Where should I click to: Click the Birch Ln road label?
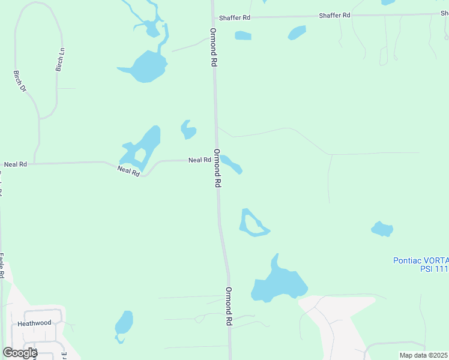pyautogui.click(x=59, y=60)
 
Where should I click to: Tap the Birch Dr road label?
pyautogui.click(x=20, y=81)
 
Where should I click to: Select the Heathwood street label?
pyautogui.click(x=34, y=323)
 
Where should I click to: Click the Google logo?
pyautogui.click(x=19, y=353)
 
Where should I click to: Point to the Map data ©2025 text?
pyautogui.click(x=423, y=355)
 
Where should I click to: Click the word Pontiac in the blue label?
pyautogui.click(x=408, y=260)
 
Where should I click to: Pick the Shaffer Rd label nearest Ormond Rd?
pyautogui.click(x=234, y=18)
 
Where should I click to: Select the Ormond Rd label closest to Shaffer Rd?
pyautogui.click(x=212, y=46)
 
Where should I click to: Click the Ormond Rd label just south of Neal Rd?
pyautogui.click(x=218, y=169)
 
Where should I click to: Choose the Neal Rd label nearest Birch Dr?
pyautogui.click(x=16, y=164)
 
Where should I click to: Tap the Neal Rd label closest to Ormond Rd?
pyautogui.click(x=199, y=160)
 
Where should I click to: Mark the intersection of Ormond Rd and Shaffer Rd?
pyautogui.click(x=213, y=17)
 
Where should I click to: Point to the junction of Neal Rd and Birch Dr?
pyautogui.click(x=34, y=163)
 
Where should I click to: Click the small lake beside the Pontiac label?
pyautogui.click(x=382, y=229)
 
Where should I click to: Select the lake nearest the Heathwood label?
pyautogui.click(x=124, y=324)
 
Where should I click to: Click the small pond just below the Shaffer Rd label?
pyautogui.click(x=243, y=35)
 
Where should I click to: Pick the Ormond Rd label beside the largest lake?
pyautogui.click(x=229, y=306)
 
